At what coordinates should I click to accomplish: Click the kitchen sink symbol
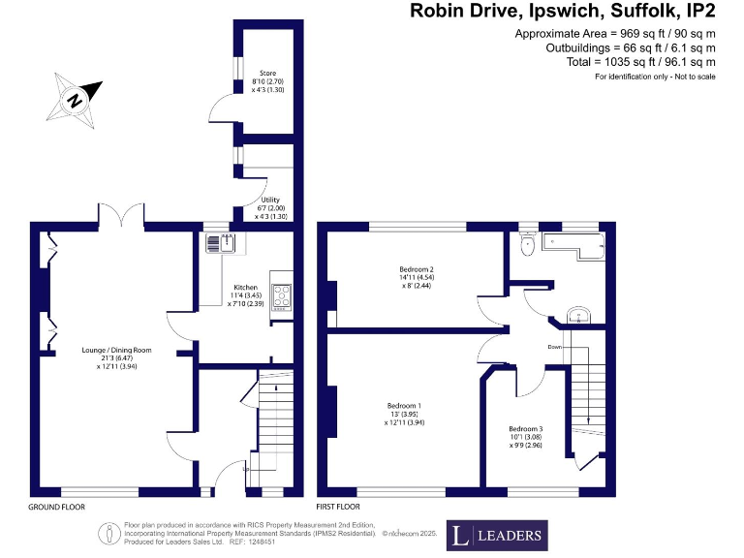click(215, 244)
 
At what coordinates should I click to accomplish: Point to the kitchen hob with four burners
click(282, 295)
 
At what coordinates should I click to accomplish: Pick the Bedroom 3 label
click(526, 436)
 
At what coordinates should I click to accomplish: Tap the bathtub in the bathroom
click(572, 249)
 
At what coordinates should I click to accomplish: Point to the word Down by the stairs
click(554, 346)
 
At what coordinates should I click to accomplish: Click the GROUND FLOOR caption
click(56, 507)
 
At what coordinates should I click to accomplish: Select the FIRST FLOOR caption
click(339, 507)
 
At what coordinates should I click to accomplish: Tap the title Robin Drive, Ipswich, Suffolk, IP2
click(563, 12)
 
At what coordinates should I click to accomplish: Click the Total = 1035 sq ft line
click(640, 61)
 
